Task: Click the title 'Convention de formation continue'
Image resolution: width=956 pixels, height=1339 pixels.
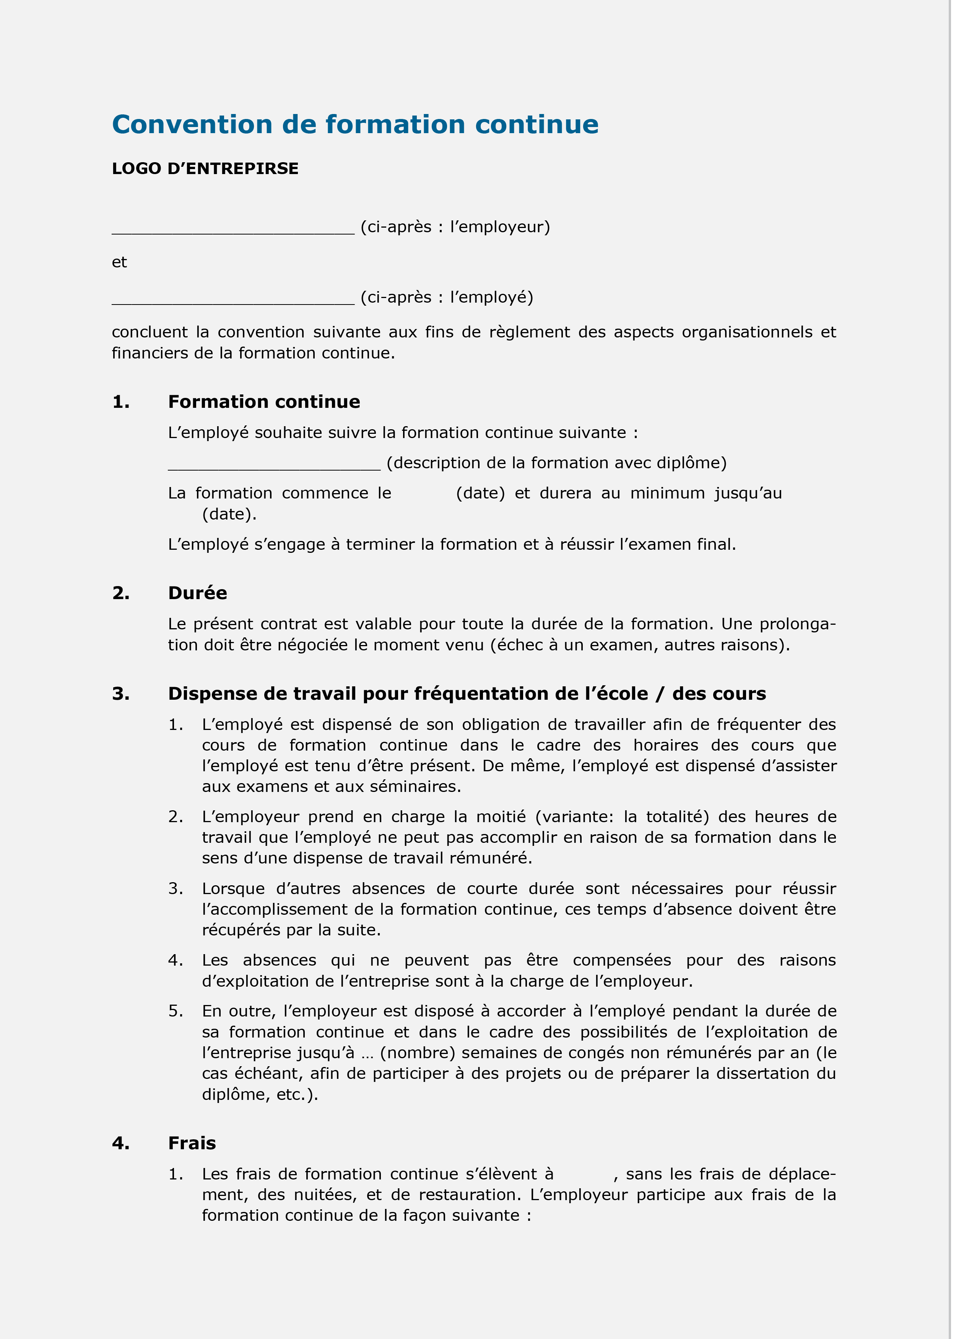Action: [355, 125]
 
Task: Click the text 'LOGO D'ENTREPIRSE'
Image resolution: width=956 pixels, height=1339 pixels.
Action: [205, 169]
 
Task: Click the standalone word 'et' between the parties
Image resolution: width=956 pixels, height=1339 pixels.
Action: [119, 262]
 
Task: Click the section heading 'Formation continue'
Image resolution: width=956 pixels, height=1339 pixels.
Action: [264, 402]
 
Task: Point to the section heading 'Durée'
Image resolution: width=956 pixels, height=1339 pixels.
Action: [197, 593]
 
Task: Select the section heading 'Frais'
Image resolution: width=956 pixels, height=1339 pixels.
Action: [192, 1143]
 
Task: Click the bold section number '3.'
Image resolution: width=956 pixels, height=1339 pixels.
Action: [121, 694]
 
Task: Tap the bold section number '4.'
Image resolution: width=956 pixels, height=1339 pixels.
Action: [121, 1143]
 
